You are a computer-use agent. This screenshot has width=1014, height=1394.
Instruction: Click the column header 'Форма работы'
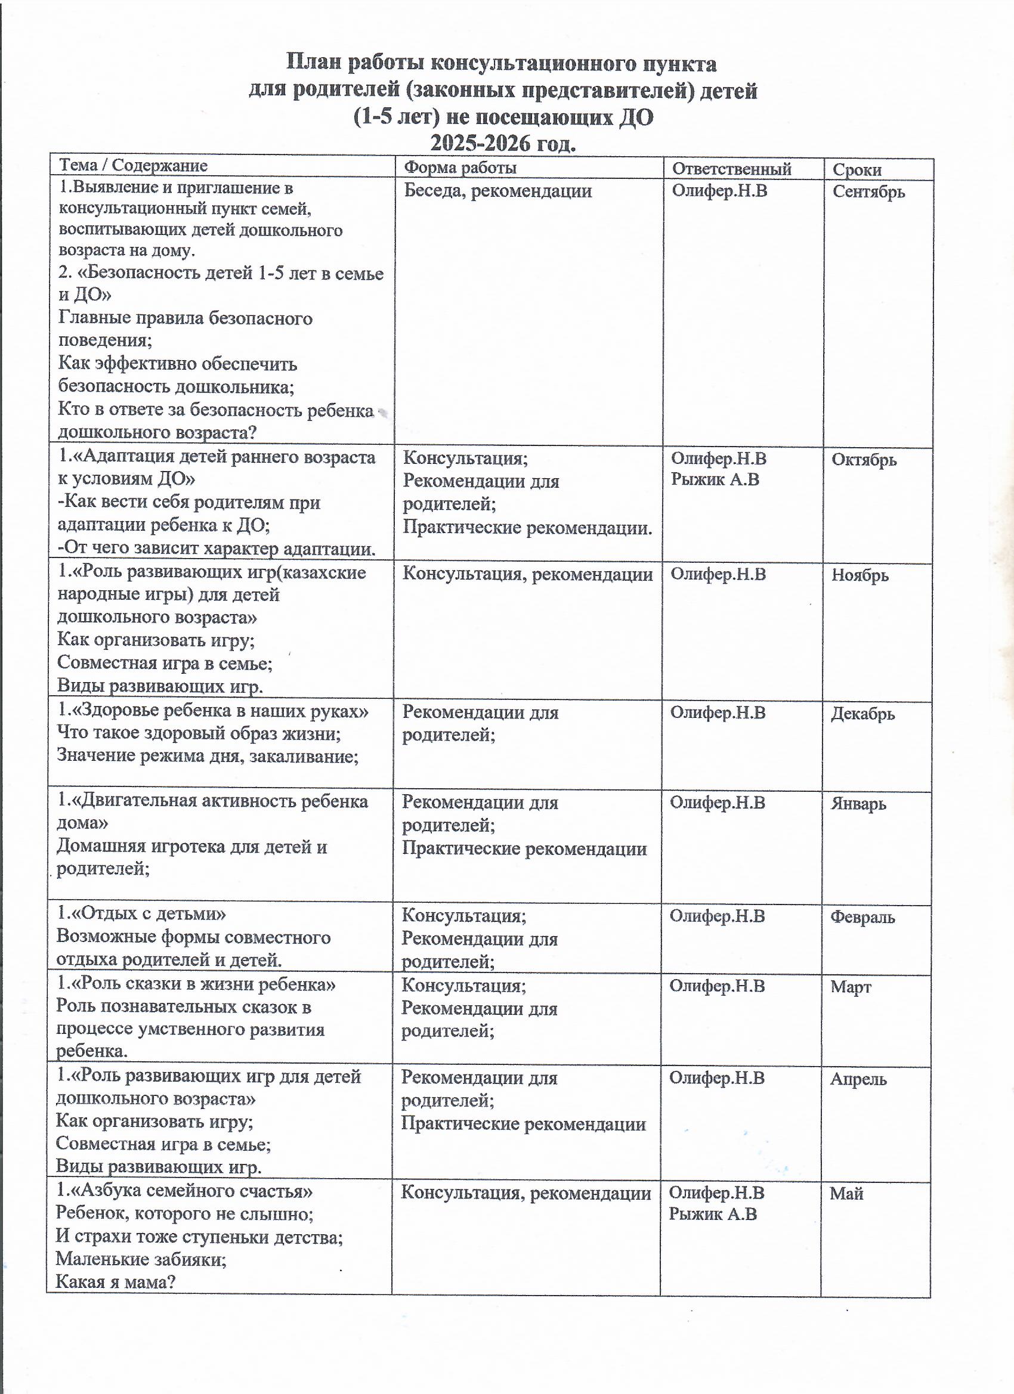coord(459,168)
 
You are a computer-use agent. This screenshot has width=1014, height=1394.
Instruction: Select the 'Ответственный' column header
coord(731,169)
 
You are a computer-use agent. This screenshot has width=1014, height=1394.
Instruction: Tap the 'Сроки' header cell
coord(857,171)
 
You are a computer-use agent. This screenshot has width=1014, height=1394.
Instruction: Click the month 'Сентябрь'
coord(868,192)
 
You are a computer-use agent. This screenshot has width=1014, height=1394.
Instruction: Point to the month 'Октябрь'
coord(863,460)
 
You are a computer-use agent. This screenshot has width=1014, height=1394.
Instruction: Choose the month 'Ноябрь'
coord(860,575)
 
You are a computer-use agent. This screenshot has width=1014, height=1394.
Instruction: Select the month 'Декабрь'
coord(862,714)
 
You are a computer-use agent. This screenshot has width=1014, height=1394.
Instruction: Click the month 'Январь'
coord(858,804)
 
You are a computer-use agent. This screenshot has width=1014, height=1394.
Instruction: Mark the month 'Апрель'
coord(858,1079)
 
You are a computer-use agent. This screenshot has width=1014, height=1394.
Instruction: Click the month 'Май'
coord(846,1194)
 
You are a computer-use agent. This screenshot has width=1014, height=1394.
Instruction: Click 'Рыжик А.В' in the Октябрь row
coord(715,480)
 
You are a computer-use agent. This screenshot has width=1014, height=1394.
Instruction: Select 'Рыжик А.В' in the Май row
coord(712,1214)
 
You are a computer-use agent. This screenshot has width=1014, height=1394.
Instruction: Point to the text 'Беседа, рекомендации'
coord(497,191)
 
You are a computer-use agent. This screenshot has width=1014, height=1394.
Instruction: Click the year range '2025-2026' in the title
coord(480,144)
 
